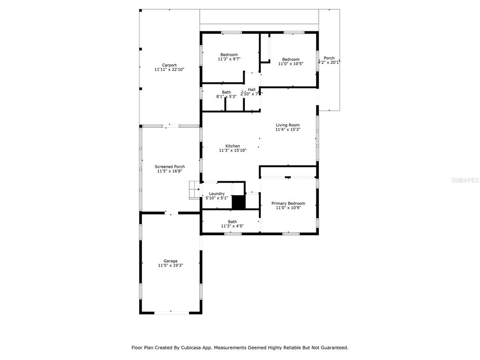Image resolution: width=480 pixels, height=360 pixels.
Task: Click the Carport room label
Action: (169, 65)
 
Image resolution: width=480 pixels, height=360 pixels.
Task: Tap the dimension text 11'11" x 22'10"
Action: (169, 69)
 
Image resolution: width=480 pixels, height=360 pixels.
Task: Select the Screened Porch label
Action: (170, 166)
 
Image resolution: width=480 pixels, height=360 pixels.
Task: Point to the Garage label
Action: (170, 261)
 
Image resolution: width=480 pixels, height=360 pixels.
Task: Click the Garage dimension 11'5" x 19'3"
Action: (170, 265)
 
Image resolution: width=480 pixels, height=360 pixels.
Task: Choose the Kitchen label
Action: (232, 146)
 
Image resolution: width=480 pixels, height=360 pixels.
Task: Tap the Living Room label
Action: (287, 125)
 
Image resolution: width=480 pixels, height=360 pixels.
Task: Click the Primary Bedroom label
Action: (288, 203)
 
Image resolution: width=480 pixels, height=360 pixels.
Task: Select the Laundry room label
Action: (217, 194)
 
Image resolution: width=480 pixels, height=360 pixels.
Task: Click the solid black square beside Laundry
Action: (239, 202)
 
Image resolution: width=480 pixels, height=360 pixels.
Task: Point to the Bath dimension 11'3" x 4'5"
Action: (232, 226)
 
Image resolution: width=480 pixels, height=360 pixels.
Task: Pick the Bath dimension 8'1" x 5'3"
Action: (226, 97)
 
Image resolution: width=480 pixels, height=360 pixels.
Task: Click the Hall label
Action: (252, 90)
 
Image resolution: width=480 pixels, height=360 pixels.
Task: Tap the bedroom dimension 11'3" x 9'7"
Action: (229, 59)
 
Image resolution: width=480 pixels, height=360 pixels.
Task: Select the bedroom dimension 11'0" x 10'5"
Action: (291, 64)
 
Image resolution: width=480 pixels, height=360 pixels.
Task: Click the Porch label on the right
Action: (329, 58)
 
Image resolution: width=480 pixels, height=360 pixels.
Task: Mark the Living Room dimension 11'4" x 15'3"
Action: (287, 129)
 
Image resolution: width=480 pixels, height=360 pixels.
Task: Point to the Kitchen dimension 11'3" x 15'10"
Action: (232, 150)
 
